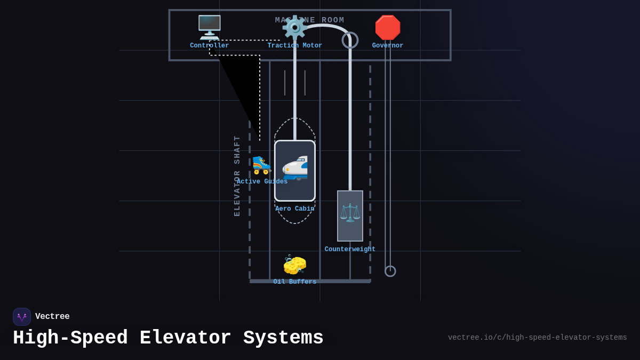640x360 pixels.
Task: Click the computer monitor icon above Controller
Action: [209, 27]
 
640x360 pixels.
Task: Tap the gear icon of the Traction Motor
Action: [294, 27]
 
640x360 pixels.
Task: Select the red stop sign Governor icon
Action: [388, 28]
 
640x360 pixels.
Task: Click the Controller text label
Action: [209, 46]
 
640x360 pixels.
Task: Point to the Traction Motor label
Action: [294, 46]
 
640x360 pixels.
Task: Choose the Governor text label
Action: [388, 46]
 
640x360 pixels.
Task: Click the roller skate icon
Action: [262, 165]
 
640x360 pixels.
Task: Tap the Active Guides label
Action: [262, 182]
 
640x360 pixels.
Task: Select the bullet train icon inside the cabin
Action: [295, 168]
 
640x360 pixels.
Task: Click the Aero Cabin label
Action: [295, 209]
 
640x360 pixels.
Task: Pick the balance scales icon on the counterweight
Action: [350, 212]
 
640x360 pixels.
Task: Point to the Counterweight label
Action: [350, 250]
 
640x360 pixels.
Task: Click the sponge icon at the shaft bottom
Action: [295, 265]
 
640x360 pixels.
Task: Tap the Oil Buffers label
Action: [295, 282]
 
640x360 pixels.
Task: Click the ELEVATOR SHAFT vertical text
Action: [237, 175]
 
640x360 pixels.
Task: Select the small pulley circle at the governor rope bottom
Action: [390, 271]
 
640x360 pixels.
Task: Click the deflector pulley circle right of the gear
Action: [350, 40]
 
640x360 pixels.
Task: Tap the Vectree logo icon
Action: [22, 317]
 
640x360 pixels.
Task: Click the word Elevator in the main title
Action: [185, 338]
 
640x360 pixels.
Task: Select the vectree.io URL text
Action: [537, 338]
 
